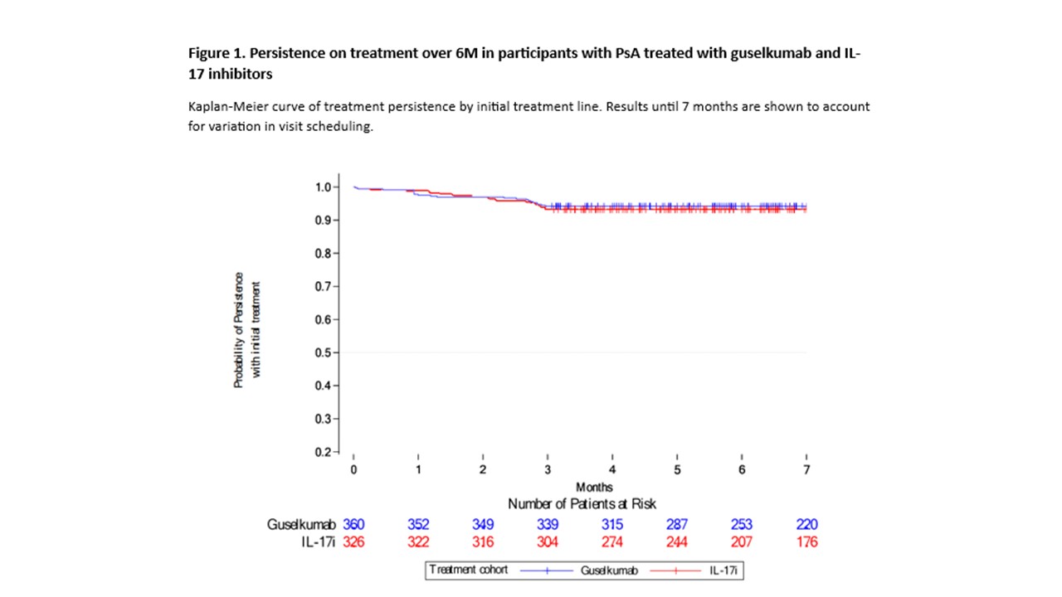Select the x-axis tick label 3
[548, 470]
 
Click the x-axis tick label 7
[806, 470]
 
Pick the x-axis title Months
[595, 487]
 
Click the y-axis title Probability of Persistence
[239, 330]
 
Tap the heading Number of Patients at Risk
[582, 503]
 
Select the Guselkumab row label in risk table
[301, 525]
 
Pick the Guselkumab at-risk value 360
[353, 525]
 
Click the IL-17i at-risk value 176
[806, 542]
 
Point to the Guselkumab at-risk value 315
[612, 525]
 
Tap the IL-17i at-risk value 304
[548, 542]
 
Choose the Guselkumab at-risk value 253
[742, 525]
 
